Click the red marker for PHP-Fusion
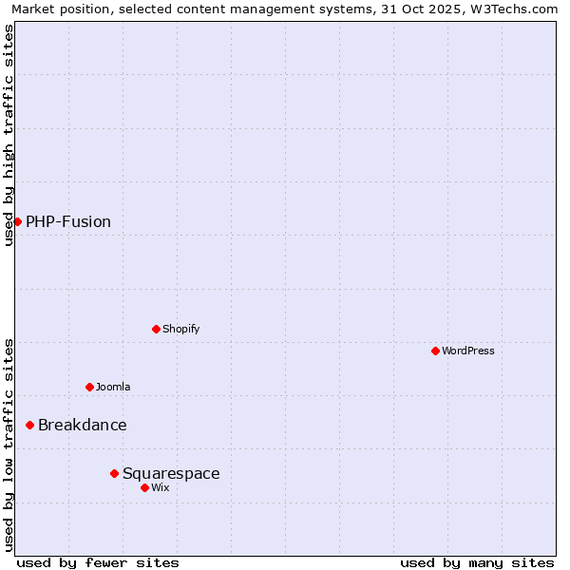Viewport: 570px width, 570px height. pos(17,221)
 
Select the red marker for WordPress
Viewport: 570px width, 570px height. pos(435,351)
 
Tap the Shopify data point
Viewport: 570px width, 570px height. pos(156,329)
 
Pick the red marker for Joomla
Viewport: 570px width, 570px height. pos(89,387)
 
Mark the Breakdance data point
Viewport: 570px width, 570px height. pos(29,425)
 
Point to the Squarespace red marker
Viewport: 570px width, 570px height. pos(114,473)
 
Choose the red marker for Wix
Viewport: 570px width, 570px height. pos(144,487)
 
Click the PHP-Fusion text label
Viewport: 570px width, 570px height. pos(68,221)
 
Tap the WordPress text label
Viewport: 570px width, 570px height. pos(468,351)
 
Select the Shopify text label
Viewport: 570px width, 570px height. pos(180,329)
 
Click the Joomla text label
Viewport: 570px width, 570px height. pos(113,387)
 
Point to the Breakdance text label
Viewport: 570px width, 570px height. pos(83,425)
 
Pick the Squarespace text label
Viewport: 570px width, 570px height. pos(171,473)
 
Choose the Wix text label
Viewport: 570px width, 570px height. pos(161,487)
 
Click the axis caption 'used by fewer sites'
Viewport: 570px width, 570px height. pos(98,562)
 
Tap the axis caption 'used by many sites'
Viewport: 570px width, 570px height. pos(477,562)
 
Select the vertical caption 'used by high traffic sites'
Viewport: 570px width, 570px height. pos(9,136)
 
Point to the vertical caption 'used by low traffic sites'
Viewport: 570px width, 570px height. pos(9,445)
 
